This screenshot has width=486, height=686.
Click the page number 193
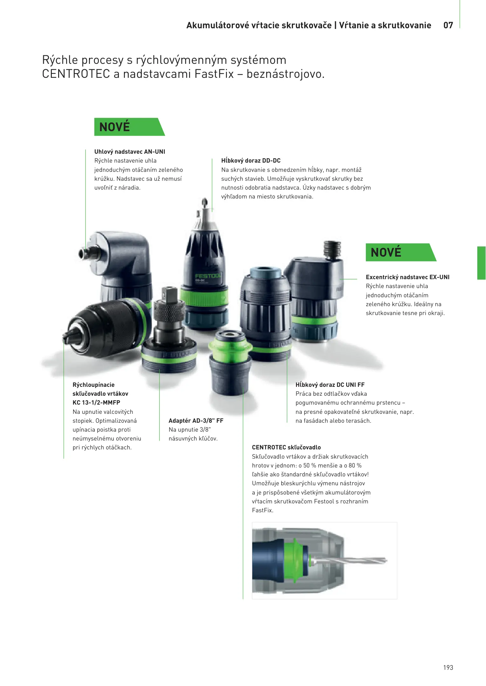pyautogui.click(x=448, y=667)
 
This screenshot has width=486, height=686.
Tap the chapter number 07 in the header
pyautogui.click(x=448, y=25)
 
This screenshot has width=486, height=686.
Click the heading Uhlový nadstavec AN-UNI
pyautogui.click(x=130, y=151)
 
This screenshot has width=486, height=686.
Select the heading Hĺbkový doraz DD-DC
pyautogui.click(x=251, y=160)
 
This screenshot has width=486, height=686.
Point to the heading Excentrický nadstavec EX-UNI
pyautogui.click(x=407, y=277)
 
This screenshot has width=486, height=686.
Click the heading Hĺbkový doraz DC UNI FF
pyautogui.click(x=330, y=385)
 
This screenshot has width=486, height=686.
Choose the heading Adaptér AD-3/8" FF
pyautogui.click(x=196, y=420)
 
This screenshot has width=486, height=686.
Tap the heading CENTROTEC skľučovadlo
pyautogui.click(x=286, y=447)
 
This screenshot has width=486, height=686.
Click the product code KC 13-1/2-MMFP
pyautogui.click(x=96, y=402)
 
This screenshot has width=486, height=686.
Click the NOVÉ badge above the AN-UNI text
pyautogui.click(x=129, y=127)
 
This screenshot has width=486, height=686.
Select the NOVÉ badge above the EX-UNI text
pyautogui.click(x=401, y=252)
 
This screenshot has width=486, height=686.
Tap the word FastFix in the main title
pyautogui.click(x=214, y=74)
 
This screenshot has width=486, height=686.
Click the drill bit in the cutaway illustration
pyautogui.click(x=350, y=561)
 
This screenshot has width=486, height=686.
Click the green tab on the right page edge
pyautogui.click(x=481, y=263)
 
